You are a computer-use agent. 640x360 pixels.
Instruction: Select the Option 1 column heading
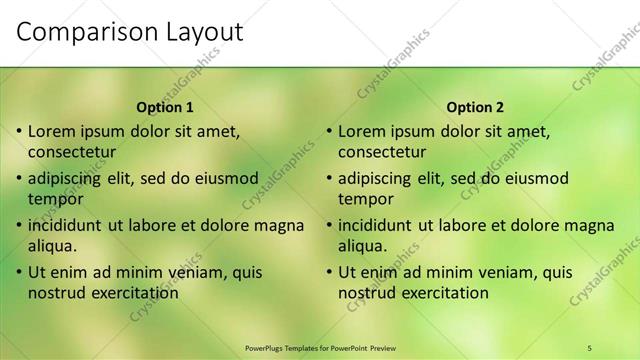point(165,107)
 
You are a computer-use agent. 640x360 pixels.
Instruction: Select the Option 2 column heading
point(475,107)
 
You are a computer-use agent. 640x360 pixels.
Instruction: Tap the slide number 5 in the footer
point(589,347)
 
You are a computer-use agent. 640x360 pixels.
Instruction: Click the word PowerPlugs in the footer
point(264,347)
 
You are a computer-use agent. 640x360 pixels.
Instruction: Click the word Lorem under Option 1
point(53,131)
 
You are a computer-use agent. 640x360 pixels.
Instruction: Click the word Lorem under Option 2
point(363,131)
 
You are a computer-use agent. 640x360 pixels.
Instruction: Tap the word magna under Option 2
point(592,225)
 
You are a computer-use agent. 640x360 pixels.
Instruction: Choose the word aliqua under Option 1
point(52,245)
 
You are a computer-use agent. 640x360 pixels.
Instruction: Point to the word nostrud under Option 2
point(368,293)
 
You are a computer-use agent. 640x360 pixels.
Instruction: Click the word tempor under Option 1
point(55,199)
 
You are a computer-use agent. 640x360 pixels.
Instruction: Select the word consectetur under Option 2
point(382,152)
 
